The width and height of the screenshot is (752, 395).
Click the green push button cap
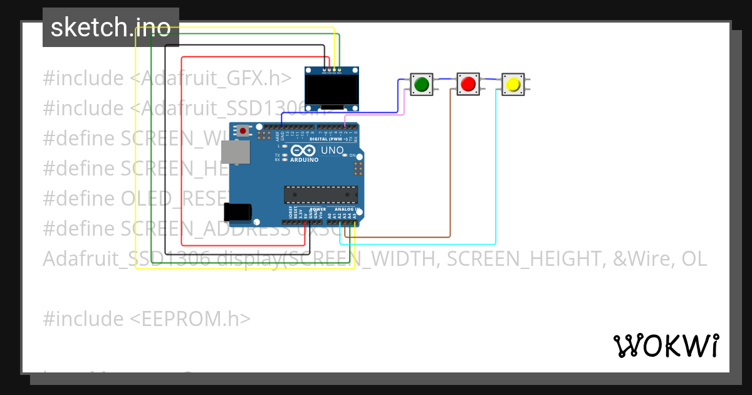pyautogui.click(x=421, y=83)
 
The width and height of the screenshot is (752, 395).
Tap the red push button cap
pyautogui.click(x=467, y=83)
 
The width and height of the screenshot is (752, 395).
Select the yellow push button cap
pyautogui.click(x=513, y=83)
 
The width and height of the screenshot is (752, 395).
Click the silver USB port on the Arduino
pyautogui.click(x=235, y=152)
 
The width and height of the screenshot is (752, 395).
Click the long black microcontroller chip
pyautogui.click(x=321, y=195)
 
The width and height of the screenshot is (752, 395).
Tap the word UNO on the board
pyautogui.click(x=332, y=150)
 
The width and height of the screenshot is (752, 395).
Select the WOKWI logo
pyautogui.click(x=666, y=345)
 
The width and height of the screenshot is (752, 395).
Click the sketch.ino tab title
pyautogui.click(x=110, y=28)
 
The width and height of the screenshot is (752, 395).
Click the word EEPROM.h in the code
pyautogui.click(x=191, y=319)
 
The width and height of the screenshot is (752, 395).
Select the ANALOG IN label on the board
pyautogui.click(x=345, y=209)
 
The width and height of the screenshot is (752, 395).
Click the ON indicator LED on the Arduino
pyautogui.click(x=343, y=155)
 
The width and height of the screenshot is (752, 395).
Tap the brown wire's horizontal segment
pyautogui.click(x=401, y=238)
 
